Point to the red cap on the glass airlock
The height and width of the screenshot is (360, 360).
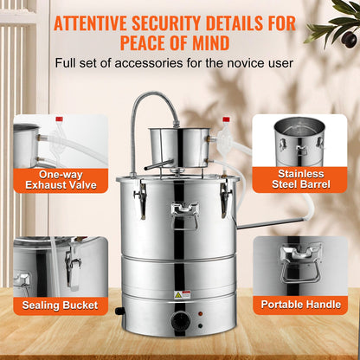226,119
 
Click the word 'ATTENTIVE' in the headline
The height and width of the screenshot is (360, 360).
98,21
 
